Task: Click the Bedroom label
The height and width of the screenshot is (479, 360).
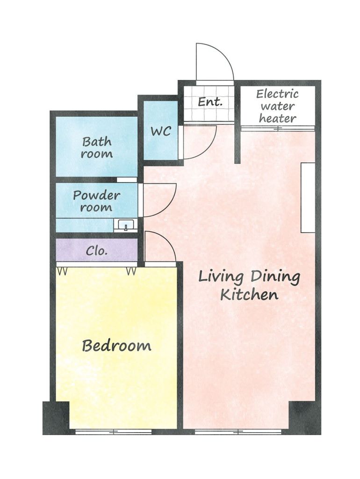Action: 116,346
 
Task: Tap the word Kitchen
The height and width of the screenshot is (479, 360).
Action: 249,295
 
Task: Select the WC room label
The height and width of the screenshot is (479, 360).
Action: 161,131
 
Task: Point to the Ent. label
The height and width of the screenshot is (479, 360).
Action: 210,102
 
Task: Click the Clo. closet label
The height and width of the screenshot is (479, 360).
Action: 97,251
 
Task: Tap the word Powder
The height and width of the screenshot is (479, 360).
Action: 96,196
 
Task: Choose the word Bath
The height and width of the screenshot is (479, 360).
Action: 97,142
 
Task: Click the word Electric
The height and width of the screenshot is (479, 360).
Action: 277,94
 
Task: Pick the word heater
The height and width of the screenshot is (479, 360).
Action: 278,118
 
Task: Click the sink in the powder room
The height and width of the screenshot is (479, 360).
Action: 125,225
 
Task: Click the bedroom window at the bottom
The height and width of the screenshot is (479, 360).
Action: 114,432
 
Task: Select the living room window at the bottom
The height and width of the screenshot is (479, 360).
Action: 238,432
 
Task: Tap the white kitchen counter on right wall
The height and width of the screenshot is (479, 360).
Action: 308,198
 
